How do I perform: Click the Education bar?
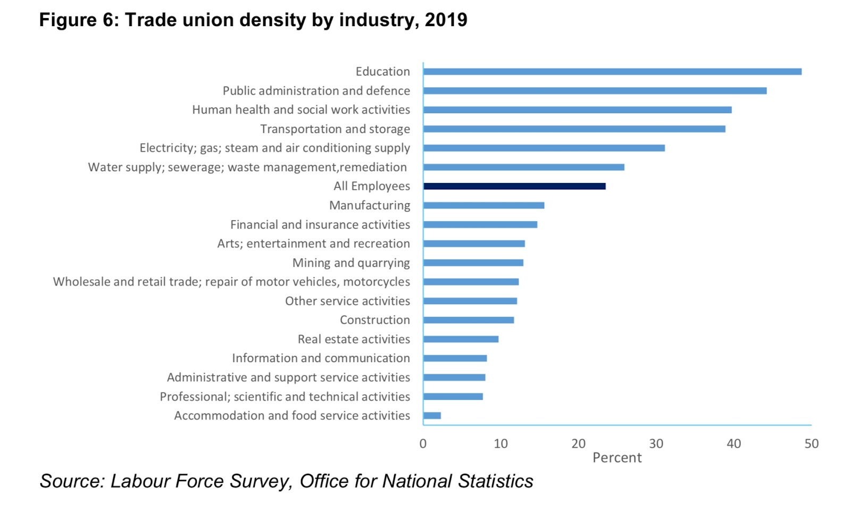pyautogui.click(x=612, y=72)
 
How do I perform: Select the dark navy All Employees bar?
pyautogui.click(x=514, y=186)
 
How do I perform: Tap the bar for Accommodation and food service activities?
pyautogui.click(x=432, y=416)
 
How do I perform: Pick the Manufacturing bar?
pyautogui.click(x=483, y=205)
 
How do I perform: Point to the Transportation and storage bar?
pyautogui.click(x=574, y=129)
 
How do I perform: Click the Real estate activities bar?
pyautogui.click(x=461, y=339)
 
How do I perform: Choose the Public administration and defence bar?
pyautogui.click(x=595, y=91)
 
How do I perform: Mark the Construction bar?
pyautogui.click(x=469, y=320)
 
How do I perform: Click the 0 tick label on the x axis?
pyautogui.click(x=423, y=444)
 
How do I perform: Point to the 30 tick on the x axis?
pyautogui.click(x=656, y=444)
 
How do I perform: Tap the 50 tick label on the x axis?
pyautogui.click(x=811, y=444)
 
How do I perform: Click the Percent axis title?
pyautogui.click(x=617, y=458)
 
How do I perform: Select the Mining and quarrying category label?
pyautogui.click(x=351, y=263)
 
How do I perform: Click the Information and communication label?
pyautogui.click(x=321, y=358)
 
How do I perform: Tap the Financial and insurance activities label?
pyautogui.click(x=320, y=224)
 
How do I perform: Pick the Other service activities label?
pyautogui.click(x=347, y=301)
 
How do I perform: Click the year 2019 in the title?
pyautogui.click(x=446, y=20)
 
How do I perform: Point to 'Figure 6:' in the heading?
pyautogui.click(x=79, y=20)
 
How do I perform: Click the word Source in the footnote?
pyautogui.click(x=71, y=481)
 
